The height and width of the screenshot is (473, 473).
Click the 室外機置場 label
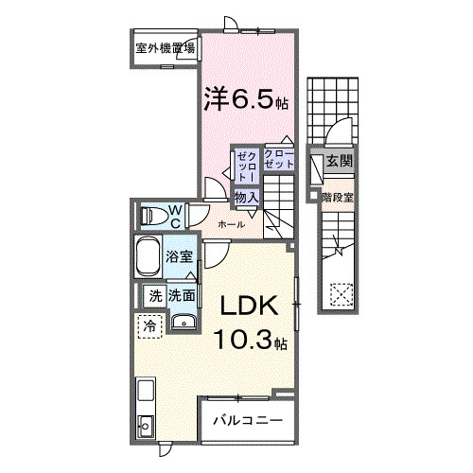click(x=165, y=47)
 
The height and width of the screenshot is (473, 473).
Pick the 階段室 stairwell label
click(x=338, y=198)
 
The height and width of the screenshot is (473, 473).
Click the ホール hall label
click(x=232, y=224)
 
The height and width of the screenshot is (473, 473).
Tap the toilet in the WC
click(x=152, y=216)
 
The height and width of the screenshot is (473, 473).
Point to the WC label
click(x=175, y=215)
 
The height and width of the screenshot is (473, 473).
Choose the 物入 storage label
click(x=247, y=197)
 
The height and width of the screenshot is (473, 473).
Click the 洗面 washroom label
click(x=182, y=295)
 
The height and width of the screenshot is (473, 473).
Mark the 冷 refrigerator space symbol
click(x=149, y=325)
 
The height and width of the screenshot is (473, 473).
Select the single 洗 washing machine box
click(x=152, y=295)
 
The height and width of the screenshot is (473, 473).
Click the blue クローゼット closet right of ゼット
click(x=279, y=159)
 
